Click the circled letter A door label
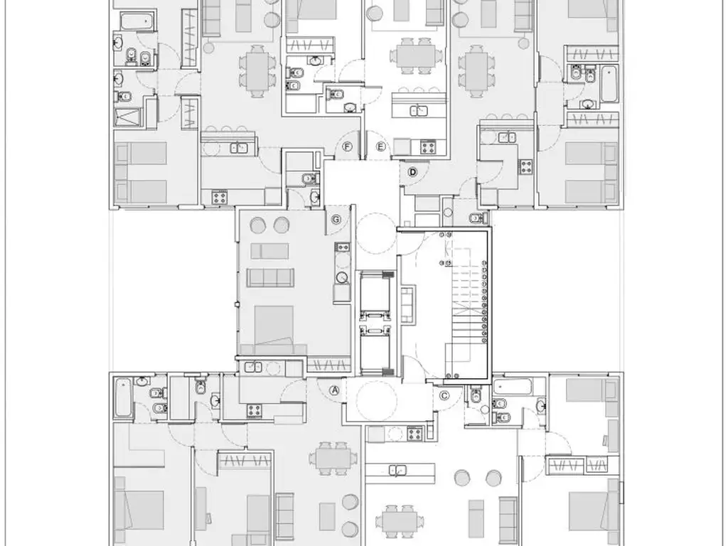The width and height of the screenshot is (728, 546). click(x=334, y=390)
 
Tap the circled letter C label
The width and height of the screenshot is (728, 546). click(x=444, y=395)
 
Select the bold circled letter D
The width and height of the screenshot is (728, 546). click(x=412, y=172)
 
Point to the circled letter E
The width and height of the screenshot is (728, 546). click(x=381, y=146)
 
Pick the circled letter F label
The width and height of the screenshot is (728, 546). click(x=347, y=146)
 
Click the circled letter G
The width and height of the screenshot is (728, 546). click(x=336, y=219)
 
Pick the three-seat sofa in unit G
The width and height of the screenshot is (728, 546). click(x=269, y=278)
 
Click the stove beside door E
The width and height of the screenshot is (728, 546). click(x=428, y=147)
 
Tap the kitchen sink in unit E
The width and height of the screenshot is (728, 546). click(x=419, y=110)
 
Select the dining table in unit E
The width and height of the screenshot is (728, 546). click(x=416, y=56)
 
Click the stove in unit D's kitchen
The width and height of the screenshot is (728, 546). click(x=526, y=166)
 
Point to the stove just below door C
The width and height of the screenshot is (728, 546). click(x=414, y=434)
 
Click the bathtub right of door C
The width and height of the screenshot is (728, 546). click(x=513, y=387)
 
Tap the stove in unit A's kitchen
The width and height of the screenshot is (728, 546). click(x=254, y=410)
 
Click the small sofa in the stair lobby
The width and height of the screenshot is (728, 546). click(x=407, y=304)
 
